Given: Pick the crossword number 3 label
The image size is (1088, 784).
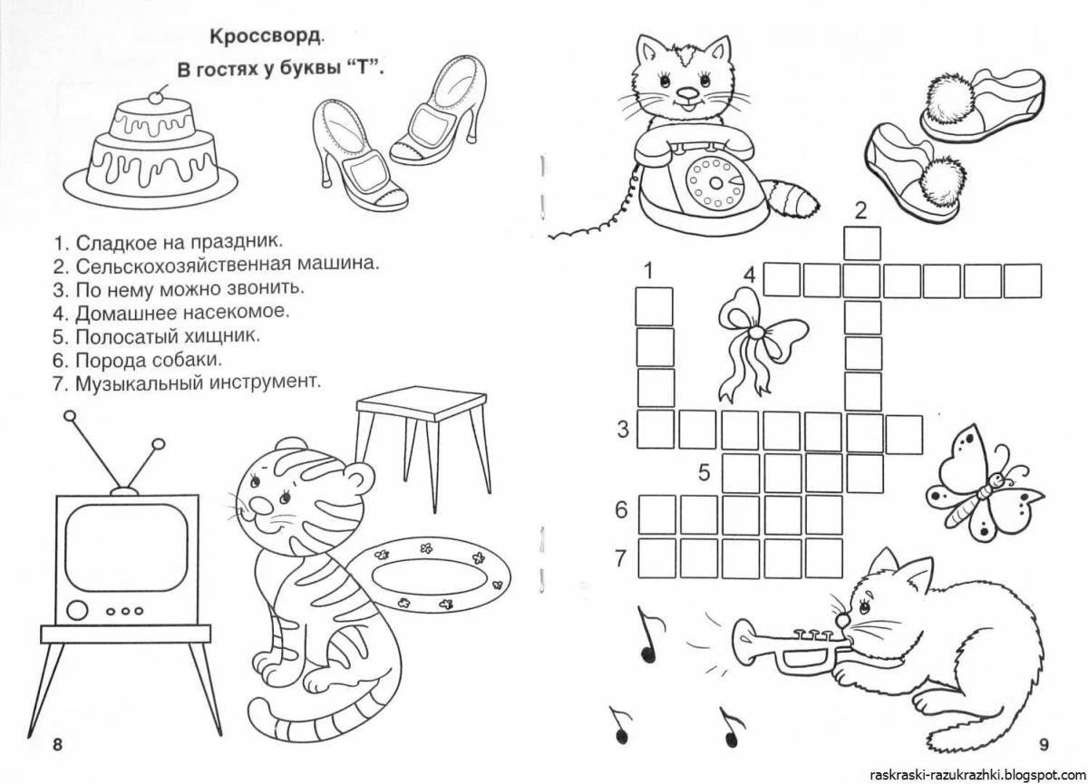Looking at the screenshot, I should tap(622, 430).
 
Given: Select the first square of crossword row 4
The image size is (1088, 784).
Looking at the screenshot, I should tap(781, 279).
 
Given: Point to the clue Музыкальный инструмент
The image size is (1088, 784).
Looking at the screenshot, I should tap(199, 382).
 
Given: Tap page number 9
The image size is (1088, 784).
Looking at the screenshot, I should tap(1043, 745).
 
